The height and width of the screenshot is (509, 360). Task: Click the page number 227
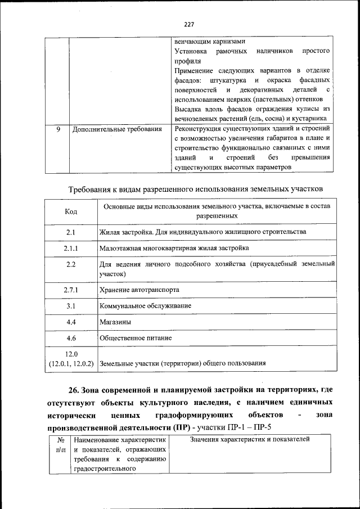188,24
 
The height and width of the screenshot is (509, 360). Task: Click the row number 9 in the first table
58,129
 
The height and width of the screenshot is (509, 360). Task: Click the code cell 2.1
71,232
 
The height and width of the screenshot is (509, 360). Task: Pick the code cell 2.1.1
71,248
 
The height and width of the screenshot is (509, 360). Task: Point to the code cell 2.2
71,264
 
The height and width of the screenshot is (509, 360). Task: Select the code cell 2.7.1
71,290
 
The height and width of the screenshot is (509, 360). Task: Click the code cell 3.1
71,306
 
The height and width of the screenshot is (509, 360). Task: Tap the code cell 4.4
71,322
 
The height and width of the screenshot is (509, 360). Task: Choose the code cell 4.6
71,339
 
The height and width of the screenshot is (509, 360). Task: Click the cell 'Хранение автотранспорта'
139,290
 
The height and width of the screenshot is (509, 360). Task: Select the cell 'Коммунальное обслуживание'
145,306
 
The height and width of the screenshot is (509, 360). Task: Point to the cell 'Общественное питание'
136,339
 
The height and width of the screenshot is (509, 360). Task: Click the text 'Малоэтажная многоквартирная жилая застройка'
174,248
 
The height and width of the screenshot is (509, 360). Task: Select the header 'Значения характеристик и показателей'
250,439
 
